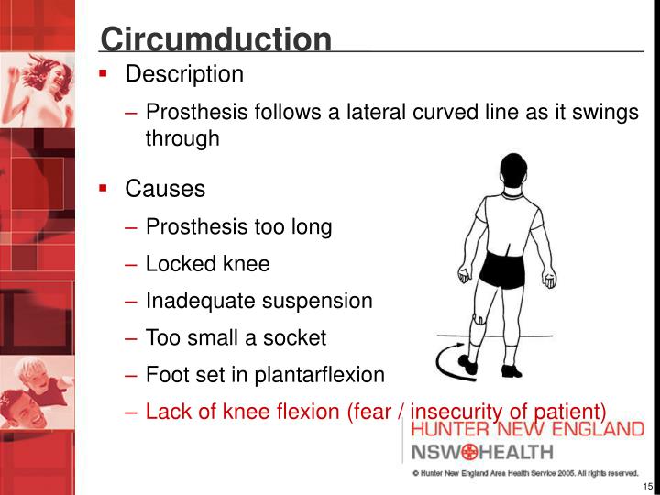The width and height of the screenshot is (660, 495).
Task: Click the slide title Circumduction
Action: point(215,39)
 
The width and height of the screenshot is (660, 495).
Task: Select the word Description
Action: point(184,74)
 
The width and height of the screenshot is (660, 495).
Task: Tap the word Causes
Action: point(165,190)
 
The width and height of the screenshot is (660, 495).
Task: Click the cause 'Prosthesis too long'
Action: point(238,227)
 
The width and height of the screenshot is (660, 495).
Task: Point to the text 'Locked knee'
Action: point(208,265)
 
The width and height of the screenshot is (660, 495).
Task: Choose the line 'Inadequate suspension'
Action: point(258,301)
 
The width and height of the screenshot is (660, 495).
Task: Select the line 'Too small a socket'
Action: point(236,337)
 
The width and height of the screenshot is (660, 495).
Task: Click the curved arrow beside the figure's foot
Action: point(451,361)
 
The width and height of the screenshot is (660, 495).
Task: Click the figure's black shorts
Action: point(507,268)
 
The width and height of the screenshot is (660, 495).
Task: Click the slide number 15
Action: point(647,486)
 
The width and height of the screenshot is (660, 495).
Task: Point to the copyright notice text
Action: point(525,473)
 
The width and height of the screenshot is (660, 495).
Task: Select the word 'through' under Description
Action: point(182,138)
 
